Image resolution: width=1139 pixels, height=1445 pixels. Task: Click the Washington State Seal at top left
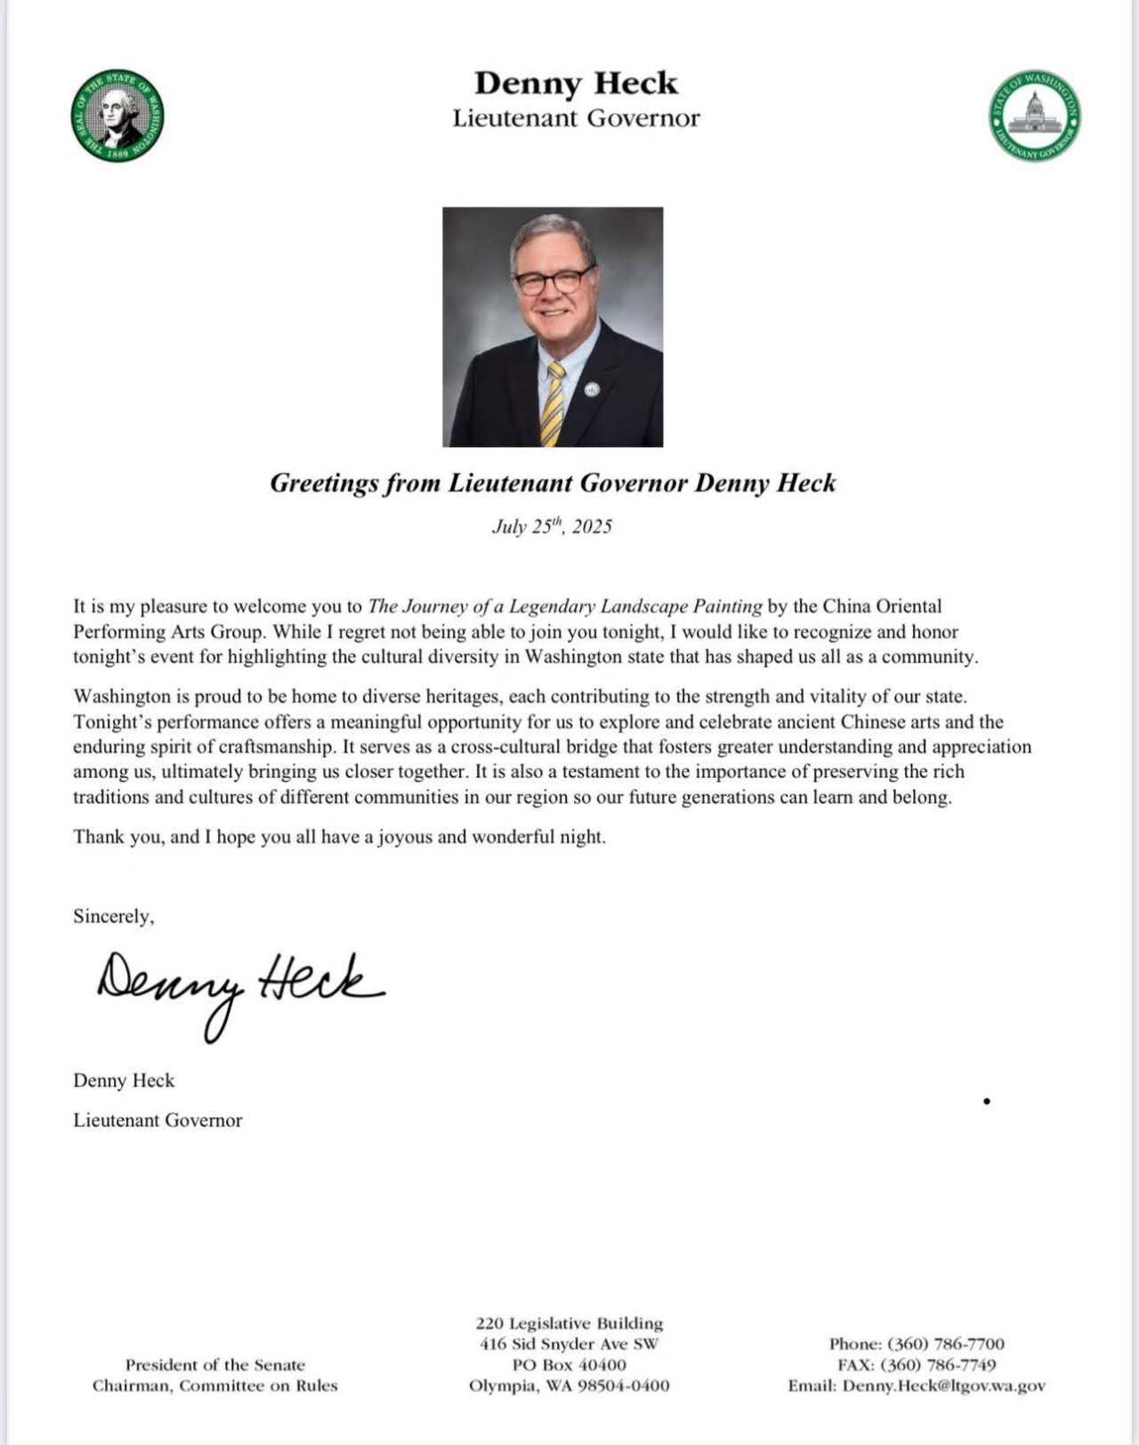[x=117, y=116]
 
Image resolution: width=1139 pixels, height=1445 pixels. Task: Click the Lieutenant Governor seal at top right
[x=1035, y=116]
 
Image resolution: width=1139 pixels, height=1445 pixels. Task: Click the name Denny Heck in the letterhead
[x=576, y=83]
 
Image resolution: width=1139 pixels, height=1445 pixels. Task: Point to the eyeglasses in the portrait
[x=552, y=281]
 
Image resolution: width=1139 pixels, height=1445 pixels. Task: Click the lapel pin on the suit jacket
[x=592, y=388]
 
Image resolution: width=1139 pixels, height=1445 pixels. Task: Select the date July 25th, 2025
[x=552, y=526]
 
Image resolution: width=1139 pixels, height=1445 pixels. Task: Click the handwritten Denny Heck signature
[x=240, y=986]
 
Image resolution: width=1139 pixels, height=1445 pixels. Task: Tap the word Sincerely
[x=113, y=916]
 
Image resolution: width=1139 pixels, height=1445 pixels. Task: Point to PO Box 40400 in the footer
[x=569, y=1365]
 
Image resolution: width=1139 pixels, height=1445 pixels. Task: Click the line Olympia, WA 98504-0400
[x=569, y=1385]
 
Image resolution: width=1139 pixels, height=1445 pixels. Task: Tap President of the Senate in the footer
[x=215, y=1365]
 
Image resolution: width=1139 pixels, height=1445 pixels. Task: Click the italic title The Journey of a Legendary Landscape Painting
[x=565, y=606]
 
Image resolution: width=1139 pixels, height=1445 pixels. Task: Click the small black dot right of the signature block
[x=987, y=1101]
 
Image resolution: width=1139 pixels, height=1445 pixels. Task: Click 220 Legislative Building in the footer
[x=569, y=1323]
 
